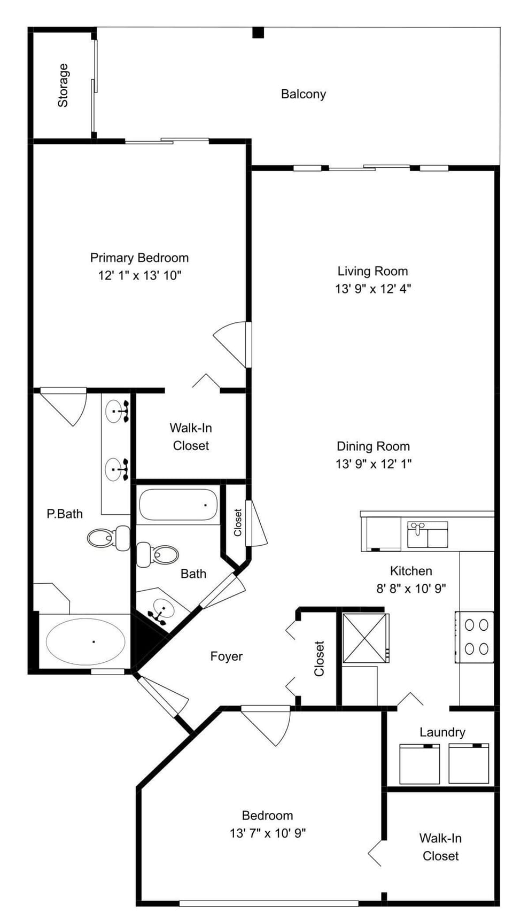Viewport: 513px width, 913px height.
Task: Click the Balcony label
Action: pyautogui.click(x=303, y=94)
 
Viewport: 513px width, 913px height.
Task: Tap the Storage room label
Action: pyautogui.click(x=63, y=86)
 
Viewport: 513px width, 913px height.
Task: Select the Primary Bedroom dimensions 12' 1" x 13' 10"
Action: pyautogui.click(x=140, y=276)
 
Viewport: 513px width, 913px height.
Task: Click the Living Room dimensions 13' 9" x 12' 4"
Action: pyautogui.click(x=372, y=289)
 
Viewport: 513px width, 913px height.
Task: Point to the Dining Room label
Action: pyautogui.click(x=373, y=446)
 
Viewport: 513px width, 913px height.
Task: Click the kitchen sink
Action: pyautogui.click(x=428, y=535)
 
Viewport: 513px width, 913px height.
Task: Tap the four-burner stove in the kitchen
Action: pyautogui.click(x=475, y=637)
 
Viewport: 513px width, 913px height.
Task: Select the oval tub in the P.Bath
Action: pyautogui.click(x=85, y=641)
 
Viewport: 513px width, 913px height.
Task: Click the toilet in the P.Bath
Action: pyautogui.click(x=107, y=538)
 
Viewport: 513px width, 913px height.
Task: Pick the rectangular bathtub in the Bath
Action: pyautogui.click(x=178, y=505)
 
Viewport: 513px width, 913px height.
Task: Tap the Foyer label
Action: pyautogui.click(x=226, y=656)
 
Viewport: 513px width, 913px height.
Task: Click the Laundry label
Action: pyautogui.click(x=442, y=732)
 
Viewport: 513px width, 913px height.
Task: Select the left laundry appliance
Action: pyautogui.click(x=419, y=764)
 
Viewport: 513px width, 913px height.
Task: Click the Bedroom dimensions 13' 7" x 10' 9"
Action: pyautogui.click(x=267, y=833)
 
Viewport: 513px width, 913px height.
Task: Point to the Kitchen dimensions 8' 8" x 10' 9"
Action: pyautogui.click(x=411, y=589)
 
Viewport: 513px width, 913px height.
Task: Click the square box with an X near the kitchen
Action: pyautogui.click(x=366, y=638)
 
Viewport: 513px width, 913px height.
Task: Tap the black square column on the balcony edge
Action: pyautogui.click(x=258, y=33)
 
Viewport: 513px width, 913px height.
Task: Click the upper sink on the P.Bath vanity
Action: pyautogui.click(x=116, y=412)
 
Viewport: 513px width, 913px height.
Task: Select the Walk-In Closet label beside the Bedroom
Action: pyautogui.click(x=440, y=847)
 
